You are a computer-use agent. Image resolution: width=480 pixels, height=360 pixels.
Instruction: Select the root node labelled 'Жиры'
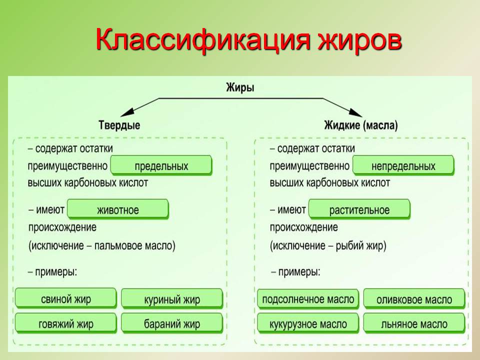(240, 88)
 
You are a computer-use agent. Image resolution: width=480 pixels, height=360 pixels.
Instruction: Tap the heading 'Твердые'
(119, 125)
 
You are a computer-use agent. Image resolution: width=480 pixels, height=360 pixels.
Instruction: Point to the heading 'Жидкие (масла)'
(361, 125)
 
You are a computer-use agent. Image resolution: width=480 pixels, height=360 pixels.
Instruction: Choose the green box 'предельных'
(161, 165)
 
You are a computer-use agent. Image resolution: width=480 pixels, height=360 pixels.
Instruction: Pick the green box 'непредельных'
(403, 165)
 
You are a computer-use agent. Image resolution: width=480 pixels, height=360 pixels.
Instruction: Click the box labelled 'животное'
(117, 209)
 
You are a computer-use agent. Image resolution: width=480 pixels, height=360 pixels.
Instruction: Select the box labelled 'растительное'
(359, 209)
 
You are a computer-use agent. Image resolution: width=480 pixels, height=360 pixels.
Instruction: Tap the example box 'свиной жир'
(65, 299)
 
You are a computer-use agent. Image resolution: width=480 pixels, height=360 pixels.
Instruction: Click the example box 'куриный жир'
(171, 299)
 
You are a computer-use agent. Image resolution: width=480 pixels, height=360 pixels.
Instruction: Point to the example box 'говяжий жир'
(65, 323)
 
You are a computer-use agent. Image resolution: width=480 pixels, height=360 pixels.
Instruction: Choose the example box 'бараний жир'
(171, 323)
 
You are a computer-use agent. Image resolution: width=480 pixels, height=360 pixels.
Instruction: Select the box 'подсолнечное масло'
(308, 299)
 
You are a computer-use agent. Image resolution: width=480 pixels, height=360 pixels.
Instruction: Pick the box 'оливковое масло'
(414, 299)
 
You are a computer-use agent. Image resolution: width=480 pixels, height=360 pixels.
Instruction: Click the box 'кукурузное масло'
(308, 323)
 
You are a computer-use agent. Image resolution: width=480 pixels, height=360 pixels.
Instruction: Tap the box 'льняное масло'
(414, 323)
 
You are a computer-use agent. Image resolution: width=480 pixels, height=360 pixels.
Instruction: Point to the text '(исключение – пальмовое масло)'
(102, 246)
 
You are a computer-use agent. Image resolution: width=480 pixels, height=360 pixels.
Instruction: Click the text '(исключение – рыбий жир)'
(328, 246)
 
